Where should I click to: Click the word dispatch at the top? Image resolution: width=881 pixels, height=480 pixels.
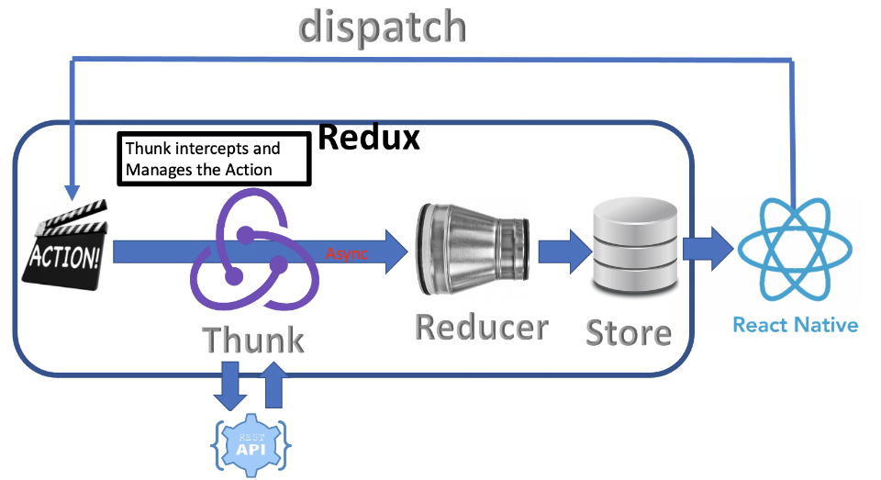pyautogui.click(x=383, y=27)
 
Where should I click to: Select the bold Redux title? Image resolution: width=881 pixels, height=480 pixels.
pyautogui.click(x=368, y=138)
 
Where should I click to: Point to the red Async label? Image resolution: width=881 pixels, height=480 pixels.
pyautogui.click(x=347, y=254)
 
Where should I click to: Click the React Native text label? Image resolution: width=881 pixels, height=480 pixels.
pyautogui.click(x=795, y=325)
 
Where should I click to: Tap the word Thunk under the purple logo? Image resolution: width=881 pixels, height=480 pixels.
pyautogui.click(x=253, y=340)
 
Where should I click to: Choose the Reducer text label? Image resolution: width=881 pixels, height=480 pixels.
pyautogui.click(x=482, y=327)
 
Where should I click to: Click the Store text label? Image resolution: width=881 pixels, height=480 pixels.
pyautogui.click(x=629, y=332)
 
